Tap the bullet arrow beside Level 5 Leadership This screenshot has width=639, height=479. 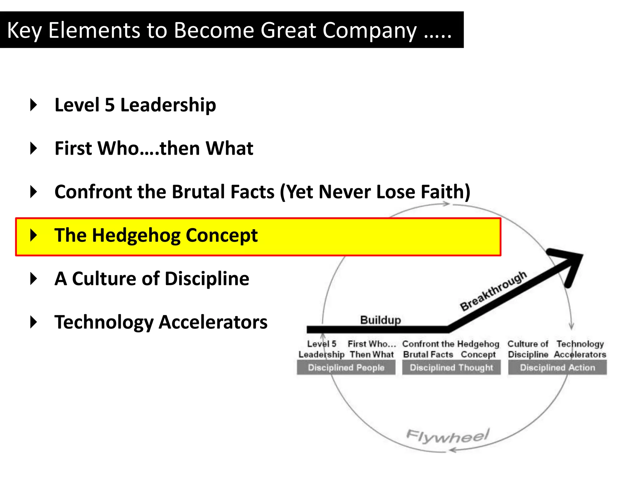[x=34, y=105]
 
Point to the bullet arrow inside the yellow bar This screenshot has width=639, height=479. [x=34, y=235]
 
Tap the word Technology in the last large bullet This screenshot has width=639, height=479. [x=104, y=322]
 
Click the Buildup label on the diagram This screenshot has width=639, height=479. [x=380, y=320]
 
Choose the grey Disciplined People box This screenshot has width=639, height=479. [x=346, y=367]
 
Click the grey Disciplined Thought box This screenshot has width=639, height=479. [x=451, y=367]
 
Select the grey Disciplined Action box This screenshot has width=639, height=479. [x=557, y=367]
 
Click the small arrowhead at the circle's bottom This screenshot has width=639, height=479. [x=453, y=450]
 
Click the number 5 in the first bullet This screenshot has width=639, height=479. [x=110, y=105]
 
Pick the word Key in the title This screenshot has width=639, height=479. [x=24, y=30]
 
